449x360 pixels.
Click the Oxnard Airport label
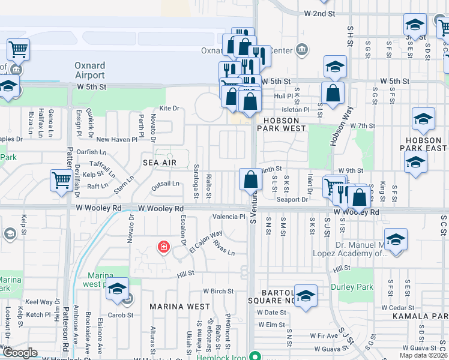coord(89,70)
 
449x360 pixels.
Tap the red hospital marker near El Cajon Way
coord(163,247)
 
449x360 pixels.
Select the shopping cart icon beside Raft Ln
coord(62,180)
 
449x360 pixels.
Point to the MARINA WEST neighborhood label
coord(179,307)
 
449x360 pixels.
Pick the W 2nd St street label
coord(319,13)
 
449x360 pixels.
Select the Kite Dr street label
coord(169,109)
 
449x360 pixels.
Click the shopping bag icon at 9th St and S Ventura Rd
coord(250,179)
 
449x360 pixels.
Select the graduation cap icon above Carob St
coord(118,289)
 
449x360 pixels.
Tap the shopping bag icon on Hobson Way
coord(333,93)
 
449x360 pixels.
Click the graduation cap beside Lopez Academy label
coord(396,239)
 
